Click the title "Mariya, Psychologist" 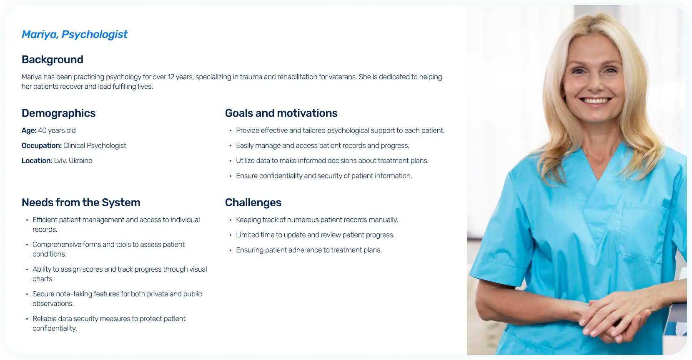click(x=75, y=34)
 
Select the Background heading click(x=53, y=59)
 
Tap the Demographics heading click(x=58, y=113)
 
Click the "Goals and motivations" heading click(x=281, y=113)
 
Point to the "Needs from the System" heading click(x=81, y=202)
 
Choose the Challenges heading click(x=253, y=202)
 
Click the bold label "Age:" click(x=29, y=130)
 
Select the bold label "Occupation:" click(x=42, y=146)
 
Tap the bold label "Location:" click(x=37, y=160)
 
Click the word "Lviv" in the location click(x=60, y=160)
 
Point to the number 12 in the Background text click(x=171, y=77)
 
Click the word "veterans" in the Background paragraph click(x=342, y=77)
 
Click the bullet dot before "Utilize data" click(x=231, y=161)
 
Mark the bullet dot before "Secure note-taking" click(x=27, y=294)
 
